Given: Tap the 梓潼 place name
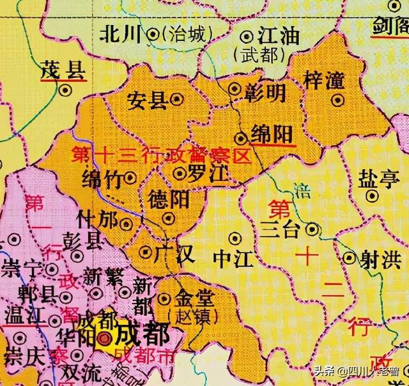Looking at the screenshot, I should [x=324, y=81].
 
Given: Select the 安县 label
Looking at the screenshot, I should [x=147, y=99].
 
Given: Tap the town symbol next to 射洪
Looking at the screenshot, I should [x=349, y=258].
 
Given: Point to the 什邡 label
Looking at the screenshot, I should [x=96, y=221].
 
